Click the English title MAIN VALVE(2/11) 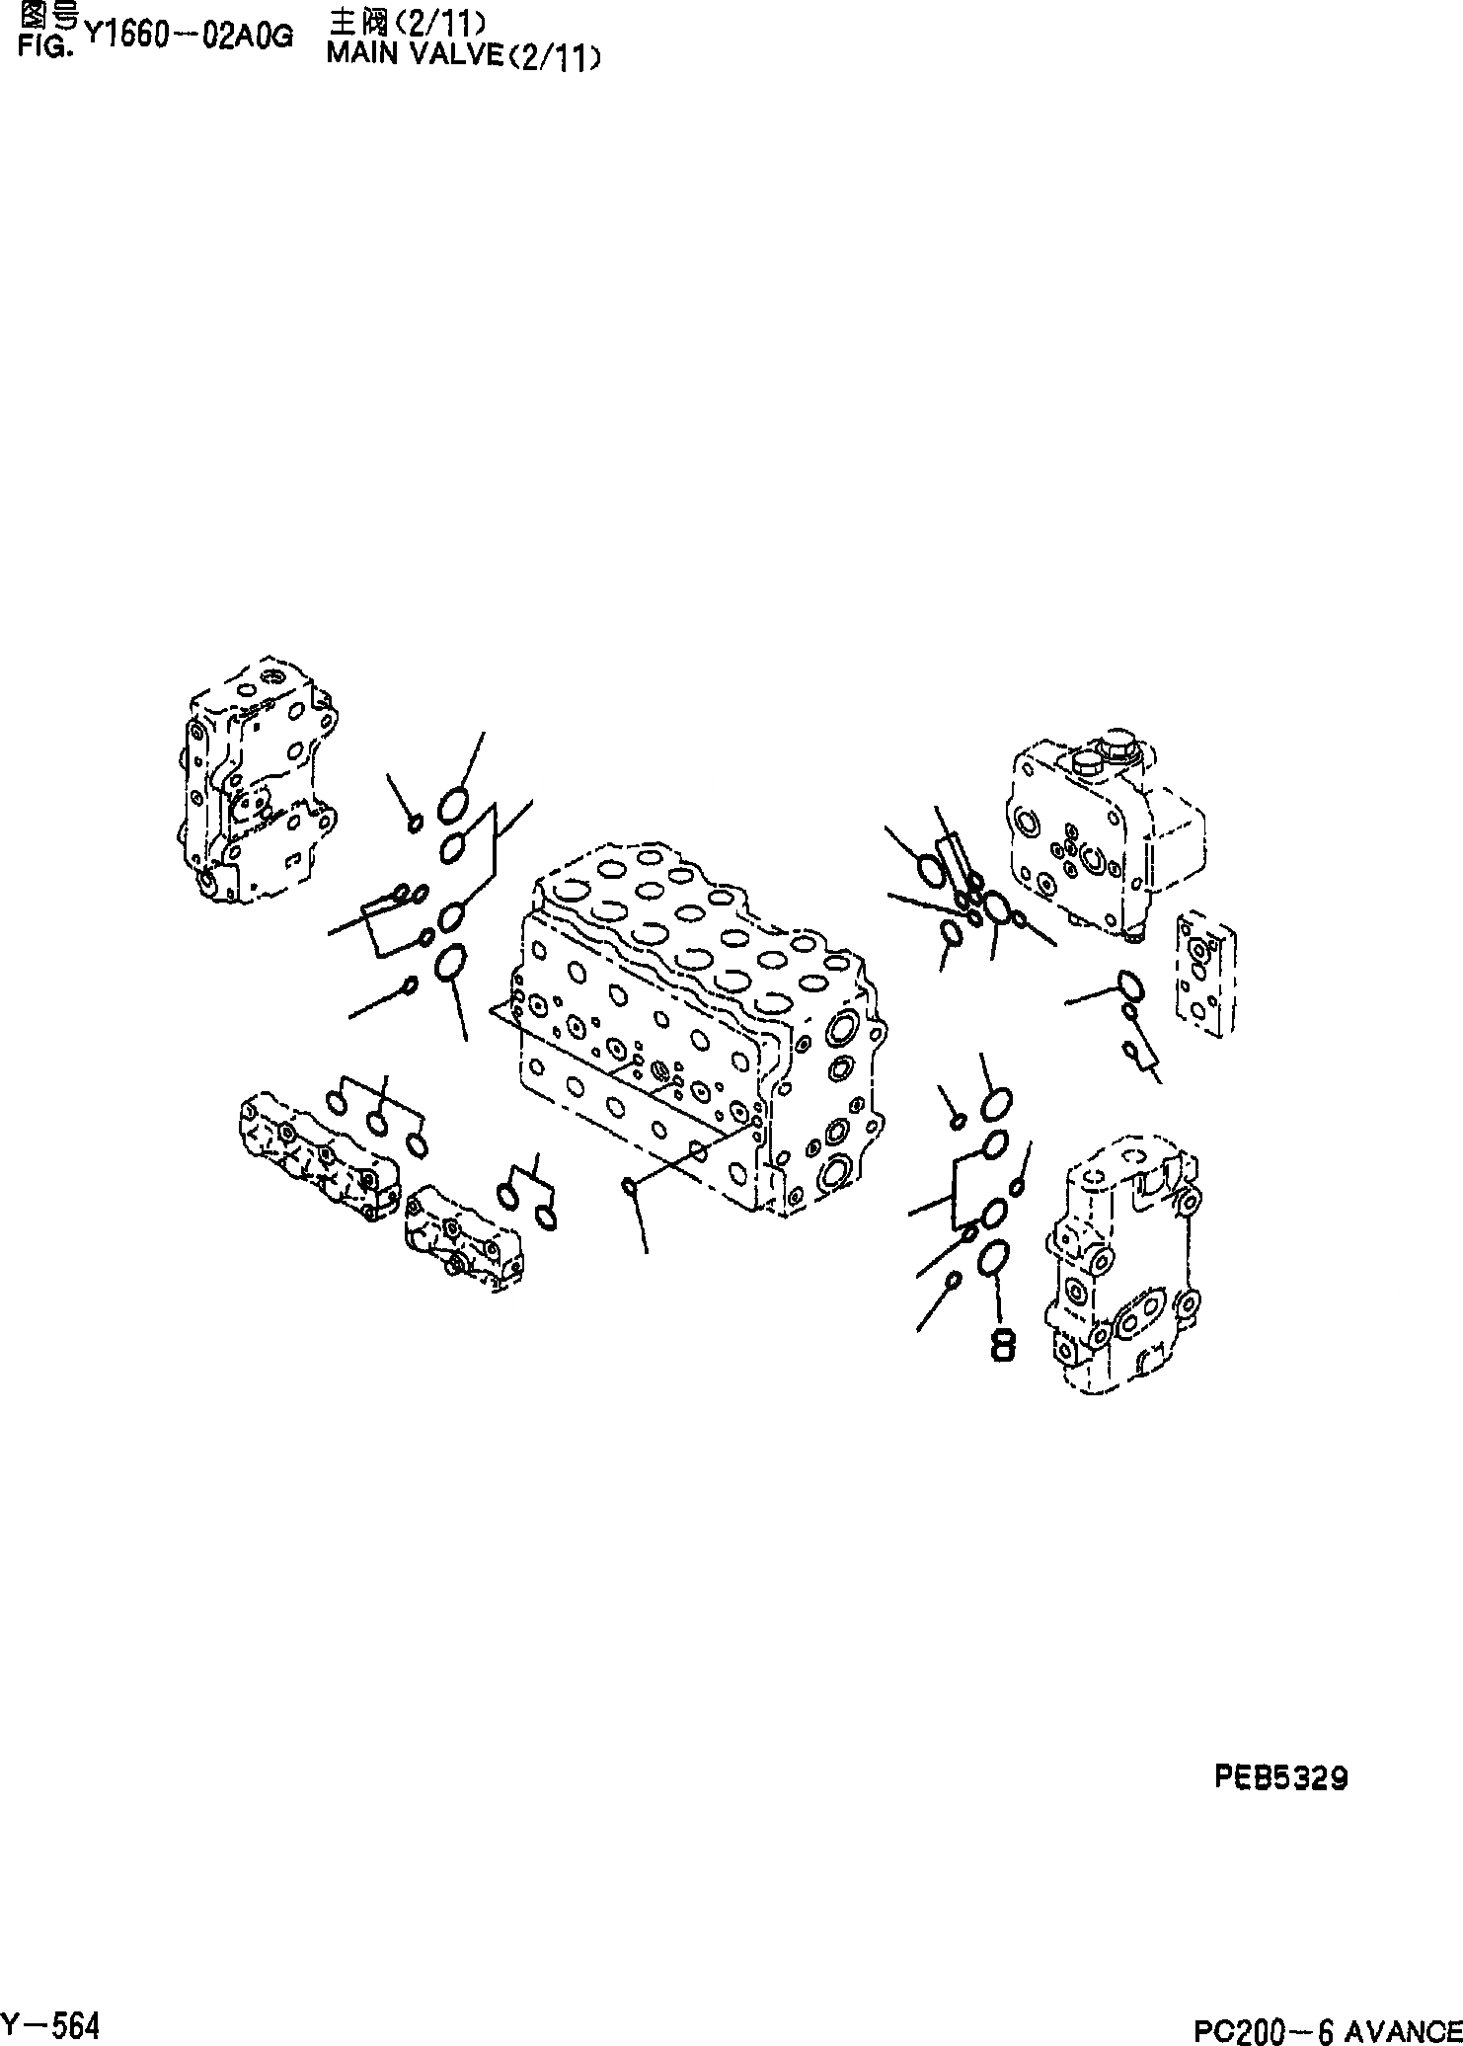[x=462, y=56]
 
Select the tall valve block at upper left [x=259, y=780]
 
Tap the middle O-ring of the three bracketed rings [x=377, y=1123]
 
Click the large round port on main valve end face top [x=843, y=1028]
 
